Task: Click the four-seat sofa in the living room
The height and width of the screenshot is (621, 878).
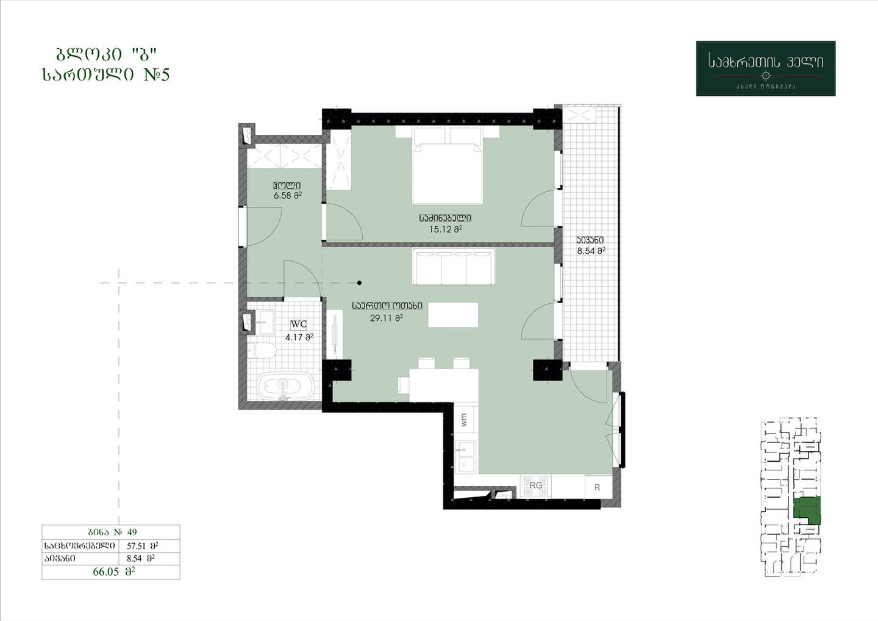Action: [454, 266]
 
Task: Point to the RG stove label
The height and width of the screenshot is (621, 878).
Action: [536, 486]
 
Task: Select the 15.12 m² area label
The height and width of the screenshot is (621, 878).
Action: [445, 229]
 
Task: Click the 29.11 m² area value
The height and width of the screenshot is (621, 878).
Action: [387, 318]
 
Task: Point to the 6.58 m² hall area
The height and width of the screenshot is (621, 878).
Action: [288, 195]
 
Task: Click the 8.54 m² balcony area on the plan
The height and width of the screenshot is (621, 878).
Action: [591, 251]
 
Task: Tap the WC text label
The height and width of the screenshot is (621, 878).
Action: [299, 325]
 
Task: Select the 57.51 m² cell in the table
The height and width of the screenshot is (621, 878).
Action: [142, 546]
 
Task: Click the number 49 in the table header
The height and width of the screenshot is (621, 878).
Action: [132, 532]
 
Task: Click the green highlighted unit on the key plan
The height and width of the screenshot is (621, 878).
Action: [807, 511]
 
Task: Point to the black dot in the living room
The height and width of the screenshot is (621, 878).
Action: [360, 282]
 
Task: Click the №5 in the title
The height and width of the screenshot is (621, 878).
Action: [156, 74]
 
